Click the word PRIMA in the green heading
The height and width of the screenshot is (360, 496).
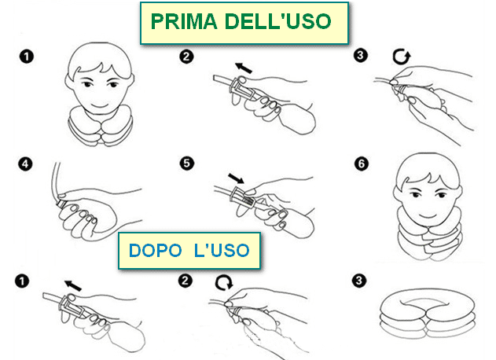coord(184,21)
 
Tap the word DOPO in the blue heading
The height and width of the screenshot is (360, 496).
coord(155,251)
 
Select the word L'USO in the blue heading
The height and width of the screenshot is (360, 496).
coord(222,251)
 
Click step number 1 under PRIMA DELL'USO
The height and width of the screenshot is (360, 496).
coord(27,57)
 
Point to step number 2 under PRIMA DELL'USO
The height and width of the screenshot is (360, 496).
coord(186,57)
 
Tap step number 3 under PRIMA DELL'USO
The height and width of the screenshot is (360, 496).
coord(361,55)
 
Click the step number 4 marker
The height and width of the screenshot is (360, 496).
coord(25,163)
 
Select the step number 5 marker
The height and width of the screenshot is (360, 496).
coord(186,163)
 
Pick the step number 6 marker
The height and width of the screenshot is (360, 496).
coord(362,163)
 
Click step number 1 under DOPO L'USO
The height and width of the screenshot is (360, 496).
coord(22,281)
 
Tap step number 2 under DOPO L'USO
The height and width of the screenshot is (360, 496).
coord(185,281)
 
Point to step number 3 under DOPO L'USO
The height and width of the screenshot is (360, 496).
coord(358,281)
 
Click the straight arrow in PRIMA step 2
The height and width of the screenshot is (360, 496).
coord(244,68)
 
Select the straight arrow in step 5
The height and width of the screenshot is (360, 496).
coord(236,178)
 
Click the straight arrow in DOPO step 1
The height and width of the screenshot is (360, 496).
coord(73,285)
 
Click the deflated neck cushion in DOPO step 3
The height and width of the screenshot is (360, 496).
coord(428,316)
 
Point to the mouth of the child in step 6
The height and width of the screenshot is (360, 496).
coord(428,215)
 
